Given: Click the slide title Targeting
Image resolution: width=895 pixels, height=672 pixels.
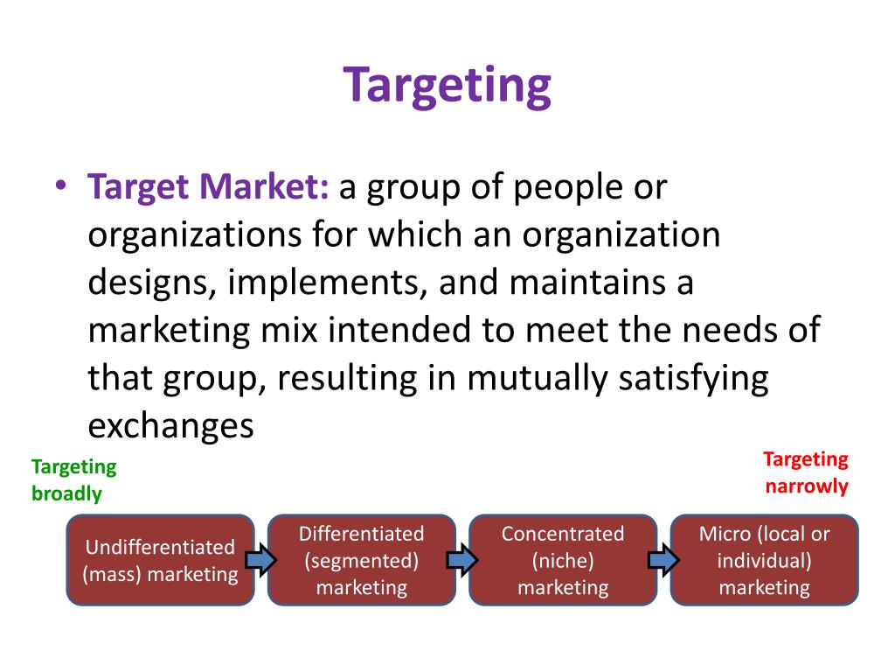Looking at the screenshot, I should [447, 86].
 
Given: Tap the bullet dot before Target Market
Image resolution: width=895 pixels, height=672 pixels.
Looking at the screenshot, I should [59, 188].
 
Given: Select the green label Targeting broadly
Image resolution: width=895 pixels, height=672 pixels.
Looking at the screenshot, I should [73, 480].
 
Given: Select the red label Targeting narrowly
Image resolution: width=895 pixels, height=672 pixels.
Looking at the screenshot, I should [806, 472].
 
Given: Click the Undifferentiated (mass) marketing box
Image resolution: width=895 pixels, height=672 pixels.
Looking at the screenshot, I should [160, 560].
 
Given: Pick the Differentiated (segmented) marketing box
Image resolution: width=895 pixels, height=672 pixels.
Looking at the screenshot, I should [361, 560].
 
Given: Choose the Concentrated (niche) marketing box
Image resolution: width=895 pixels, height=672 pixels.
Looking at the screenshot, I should [563, 560].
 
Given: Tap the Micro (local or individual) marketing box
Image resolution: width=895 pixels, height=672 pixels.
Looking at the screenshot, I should [764, 560].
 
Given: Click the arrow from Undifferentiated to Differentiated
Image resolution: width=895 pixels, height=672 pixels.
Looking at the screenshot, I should [260, 559].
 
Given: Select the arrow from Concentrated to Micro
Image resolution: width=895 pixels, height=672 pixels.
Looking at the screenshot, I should [663, 559].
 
